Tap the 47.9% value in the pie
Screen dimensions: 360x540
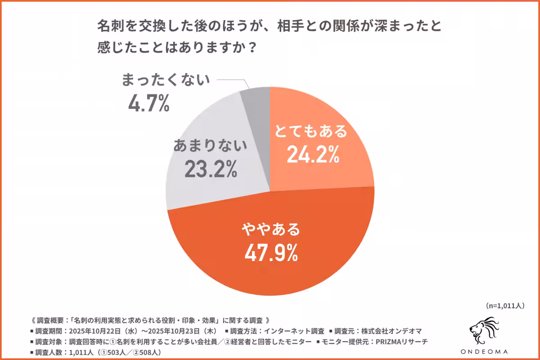[x=271, y=253]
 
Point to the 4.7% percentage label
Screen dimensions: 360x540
[x=148, y=103]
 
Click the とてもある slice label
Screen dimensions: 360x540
[x=312, y=132]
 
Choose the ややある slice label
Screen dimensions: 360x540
[x=271, y=229]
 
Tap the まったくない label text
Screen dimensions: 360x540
[x=166, y=80]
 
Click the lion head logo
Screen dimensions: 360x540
[x=484, y=327]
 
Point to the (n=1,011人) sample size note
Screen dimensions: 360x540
[x=505, y=306]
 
